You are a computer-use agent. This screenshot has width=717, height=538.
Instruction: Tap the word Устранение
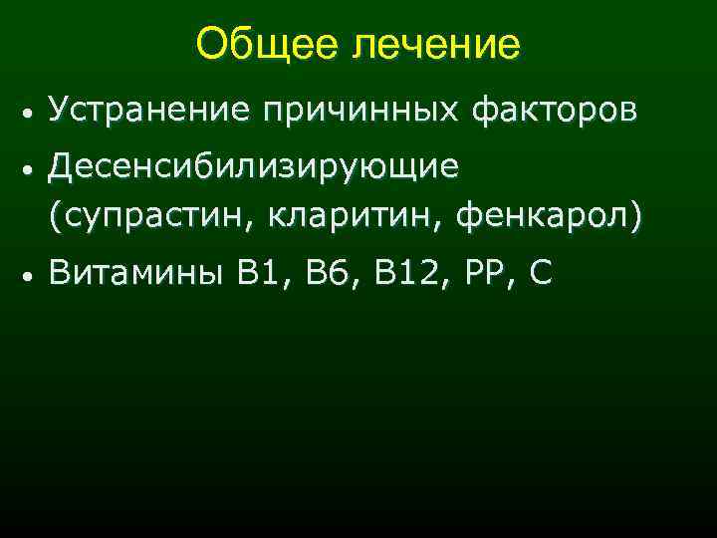pos(148,112)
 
